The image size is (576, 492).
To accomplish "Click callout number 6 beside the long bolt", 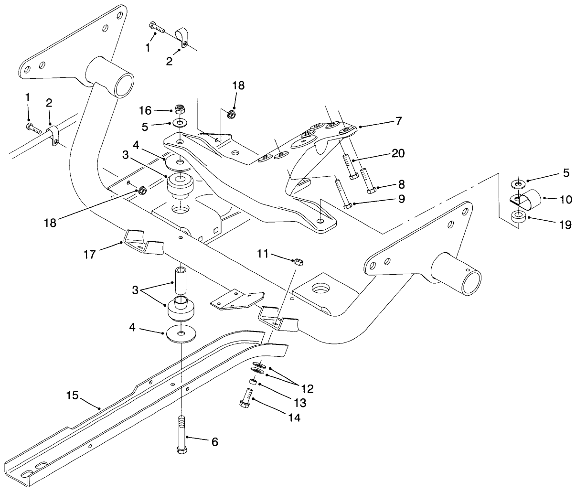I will [214, 442].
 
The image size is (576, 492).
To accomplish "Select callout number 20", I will [398, 153].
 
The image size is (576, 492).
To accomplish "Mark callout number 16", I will [145, 110].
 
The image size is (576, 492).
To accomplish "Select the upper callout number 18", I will [238, 86].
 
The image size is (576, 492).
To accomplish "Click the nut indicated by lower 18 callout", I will [142, 191].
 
